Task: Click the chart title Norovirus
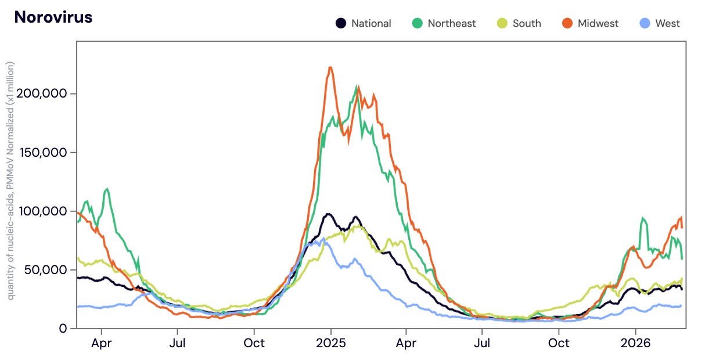point(53,17)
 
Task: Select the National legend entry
point(364,24)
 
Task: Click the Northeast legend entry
point(444,24)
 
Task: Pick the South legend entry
point(519,24)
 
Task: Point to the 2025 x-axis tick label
point(330,343)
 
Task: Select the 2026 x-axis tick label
point(635,343)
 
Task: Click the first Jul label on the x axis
point(178,343)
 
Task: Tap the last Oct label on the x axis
point(559,343)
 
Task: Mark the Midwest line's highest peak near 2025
point(330,68)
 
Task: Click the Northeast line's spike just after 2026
point(643,219)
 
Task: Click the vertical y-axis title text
point(11,180)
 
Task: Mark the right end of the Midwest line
point(682,227)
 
